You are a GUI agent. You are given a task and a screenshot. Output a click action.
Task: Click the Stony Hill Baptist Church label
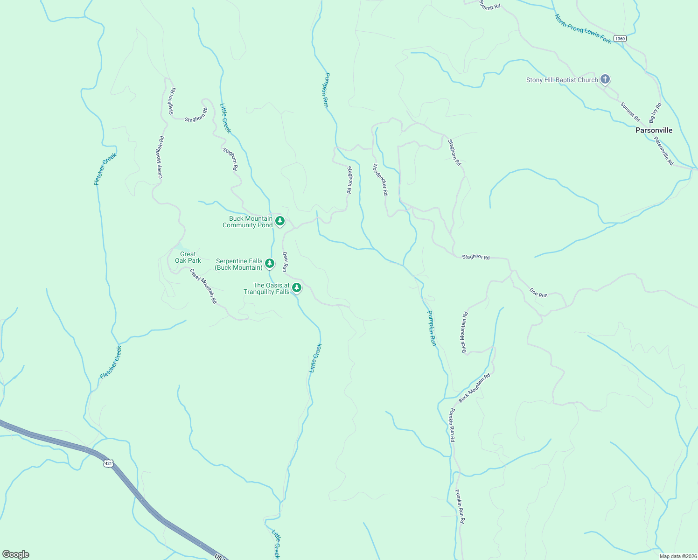point(562,80)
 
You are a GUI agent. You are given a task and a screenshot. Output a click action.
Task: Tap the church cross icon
point(605,79)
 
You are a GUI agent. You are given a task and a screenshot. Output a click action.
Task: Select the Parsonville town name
point(654,130)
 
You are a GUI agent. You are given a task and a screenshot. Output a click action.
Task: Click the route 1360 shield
point(620,38)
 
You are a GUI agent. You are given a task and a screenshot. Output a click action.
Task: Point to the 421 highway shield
point(108,463)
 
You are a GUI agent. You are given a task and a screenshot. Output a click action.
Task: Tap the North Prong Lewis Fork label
point(583,29)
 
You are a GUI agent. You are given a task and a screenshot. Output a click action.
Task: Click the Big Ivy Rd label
point(655,112)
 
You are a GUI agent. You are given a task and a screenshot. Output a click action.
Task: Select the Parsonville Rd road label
point(663,151)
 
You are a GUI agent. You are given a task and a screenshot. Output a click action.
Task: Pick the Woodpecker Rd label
point(380,179)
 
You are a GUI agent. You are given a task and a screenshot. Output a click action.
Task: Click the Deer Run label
point(285,262)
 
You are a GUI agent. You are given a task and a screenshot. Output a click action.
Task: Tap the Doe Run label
point(538,293)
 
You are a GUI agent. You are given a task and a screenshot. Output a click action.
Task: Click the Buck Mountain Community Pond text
point(247,222)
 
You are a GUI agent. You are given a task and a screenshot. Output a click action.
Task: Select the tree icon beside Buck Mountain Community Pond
point(280,221)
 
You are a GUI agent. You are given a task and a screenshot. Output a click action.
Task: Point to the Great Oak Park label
point(188,257)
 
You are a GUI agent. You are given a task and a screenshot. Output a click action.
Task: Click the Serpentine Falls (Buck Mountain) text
point(238,264)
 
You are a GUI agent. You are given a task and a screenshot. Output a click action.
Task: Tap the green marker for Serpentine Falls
point(270,263)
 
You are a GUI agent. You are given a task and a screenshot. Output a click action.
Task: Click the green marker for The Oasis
point(296,288)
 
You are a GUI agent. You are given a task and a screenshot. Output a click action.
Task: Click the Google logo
point(15,554)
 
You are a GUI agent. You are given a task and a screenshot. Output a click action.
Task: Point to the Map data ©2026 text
point(677,556)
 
